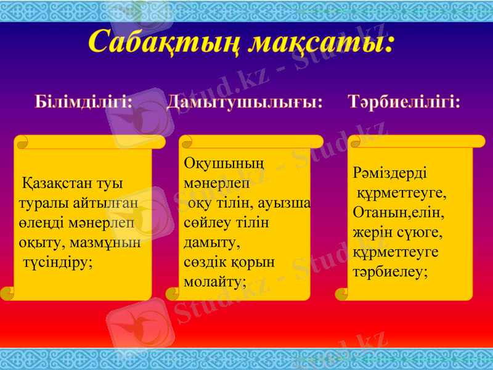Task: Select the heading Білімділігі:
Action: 83,101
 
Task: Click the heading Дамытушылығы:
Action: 245,101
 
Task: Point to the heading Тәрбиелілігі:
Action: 404,101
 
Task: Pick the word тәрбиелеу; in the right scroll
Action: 390,271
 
